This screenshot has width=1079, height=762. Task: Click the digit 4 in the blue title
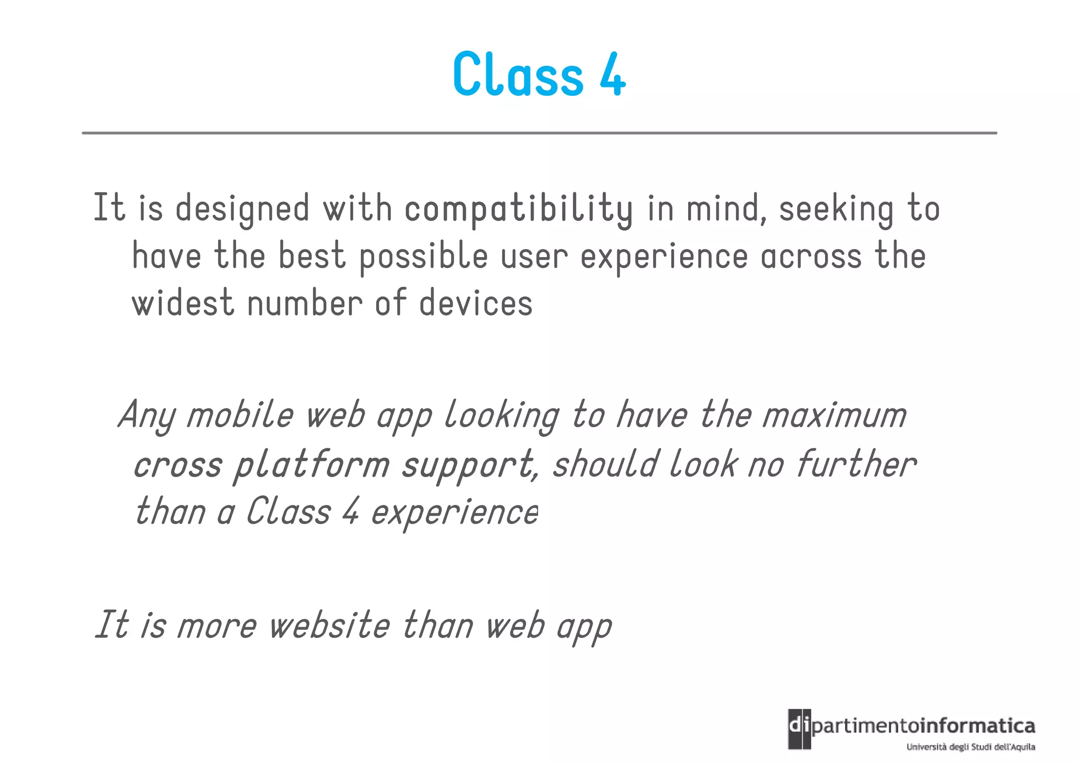(612, 75)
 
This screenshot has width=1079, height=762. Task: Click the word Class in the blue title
(518, 75)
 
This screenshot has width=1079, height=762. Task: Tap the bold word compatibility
(518, 209)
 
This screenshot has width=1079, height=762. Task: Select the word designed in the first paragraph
(242, 209)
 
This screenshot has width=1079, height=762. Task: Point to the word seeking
(836, 209)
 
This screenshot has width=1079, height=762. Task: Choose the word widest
(182, 304)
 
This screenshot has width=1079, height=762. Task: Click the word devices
(476, 304)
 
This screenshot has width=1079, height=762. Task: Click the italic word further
(856, 464)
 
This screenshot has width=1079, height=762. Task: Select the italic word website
(329, 626)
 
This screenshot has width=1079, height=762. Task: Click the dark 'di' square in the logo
(799, 728)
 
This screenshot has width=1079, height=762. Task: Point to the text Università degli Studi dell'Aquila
(970, 747)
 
